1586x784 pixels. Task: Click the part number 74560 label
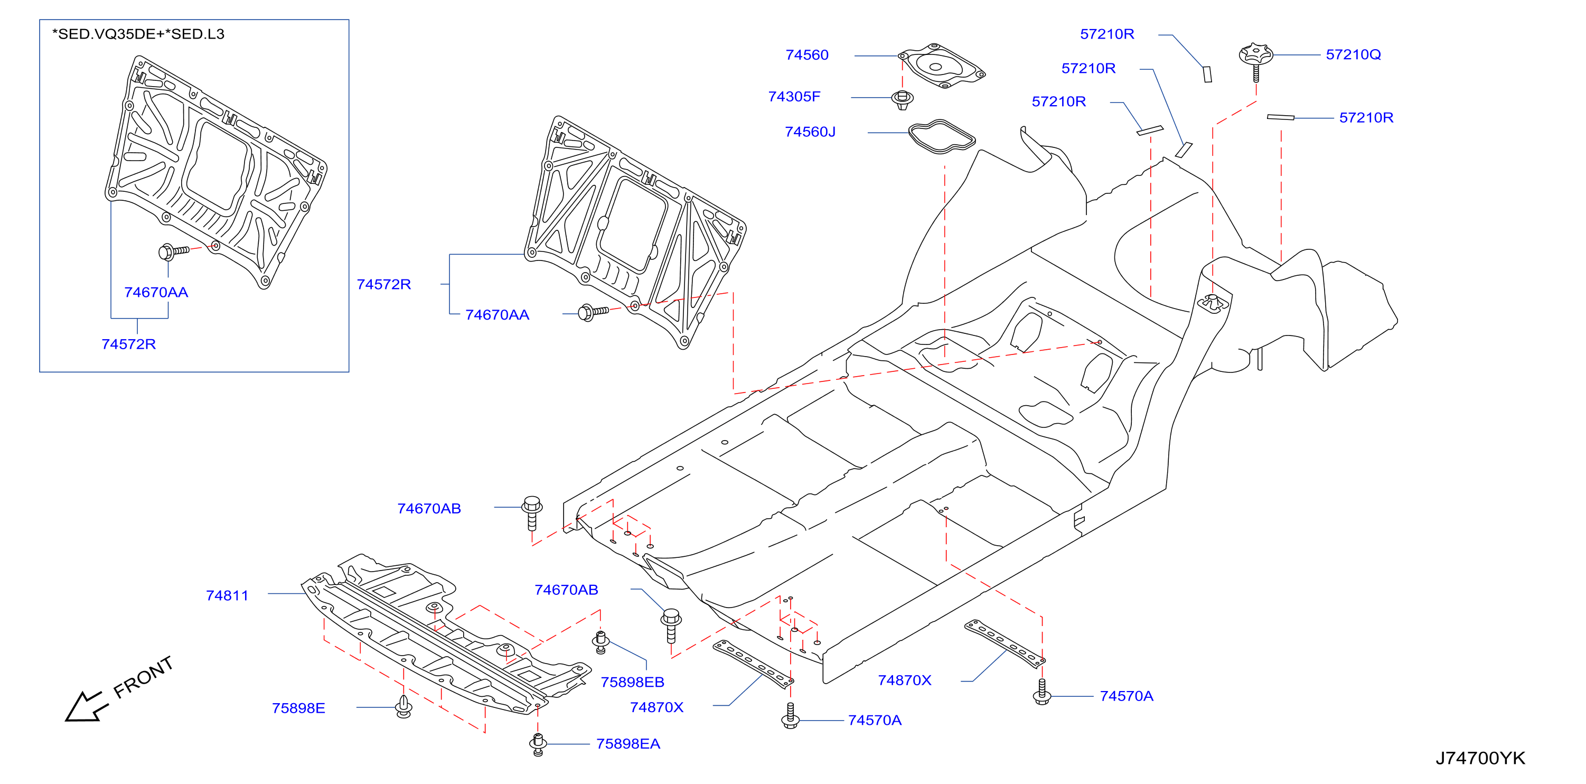click(x=806, y=55)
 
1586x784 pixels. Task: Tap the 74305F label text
click(x=794, y=97)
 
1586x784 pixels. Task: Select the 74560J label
click(x=810, y=132)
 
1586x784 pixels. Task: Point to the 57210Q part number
click(x=1353, y=55)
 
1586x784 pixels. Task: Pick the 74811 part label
click(x=227, y=595)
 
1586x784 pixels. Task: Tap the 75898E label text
click(x=298, y=708)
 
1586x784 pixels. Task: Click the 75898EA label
click(x=628, y=744)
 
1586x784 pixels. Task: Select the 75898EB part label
click(x=632, y=683)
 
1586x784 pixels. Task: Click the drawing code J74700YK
click(x=1480, y=758)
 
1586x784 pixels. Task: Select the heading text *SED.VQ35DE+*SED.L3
click(x=138, y=34)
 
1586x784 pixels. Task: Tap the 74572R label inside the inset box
click(x=129, y=344)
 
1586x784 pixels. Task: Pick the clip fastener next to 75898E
click(x=404, y=706)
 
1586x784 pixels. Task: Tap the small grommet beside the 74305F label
click(x=902, y=100)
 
